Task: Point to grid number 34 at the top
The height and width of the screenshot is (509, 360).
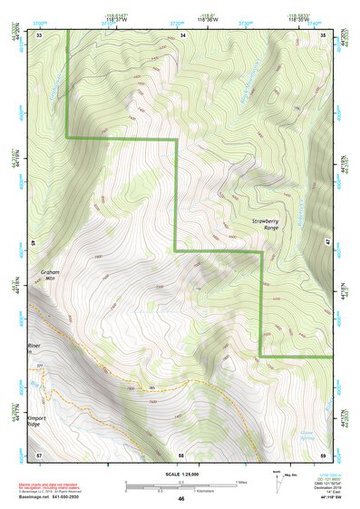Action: tap(182, 34)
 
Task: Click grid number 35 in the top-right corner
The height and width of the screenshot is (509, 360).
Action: tap(325, 34)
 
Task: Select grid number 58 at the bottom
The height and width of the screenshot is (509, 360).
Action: tap(181, 454)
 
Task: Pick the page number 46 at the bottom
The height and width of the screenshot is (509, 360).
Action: tap(181, 500)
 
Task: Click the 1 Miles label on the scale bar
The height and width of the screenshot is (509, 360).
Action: tap(239, 481)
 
